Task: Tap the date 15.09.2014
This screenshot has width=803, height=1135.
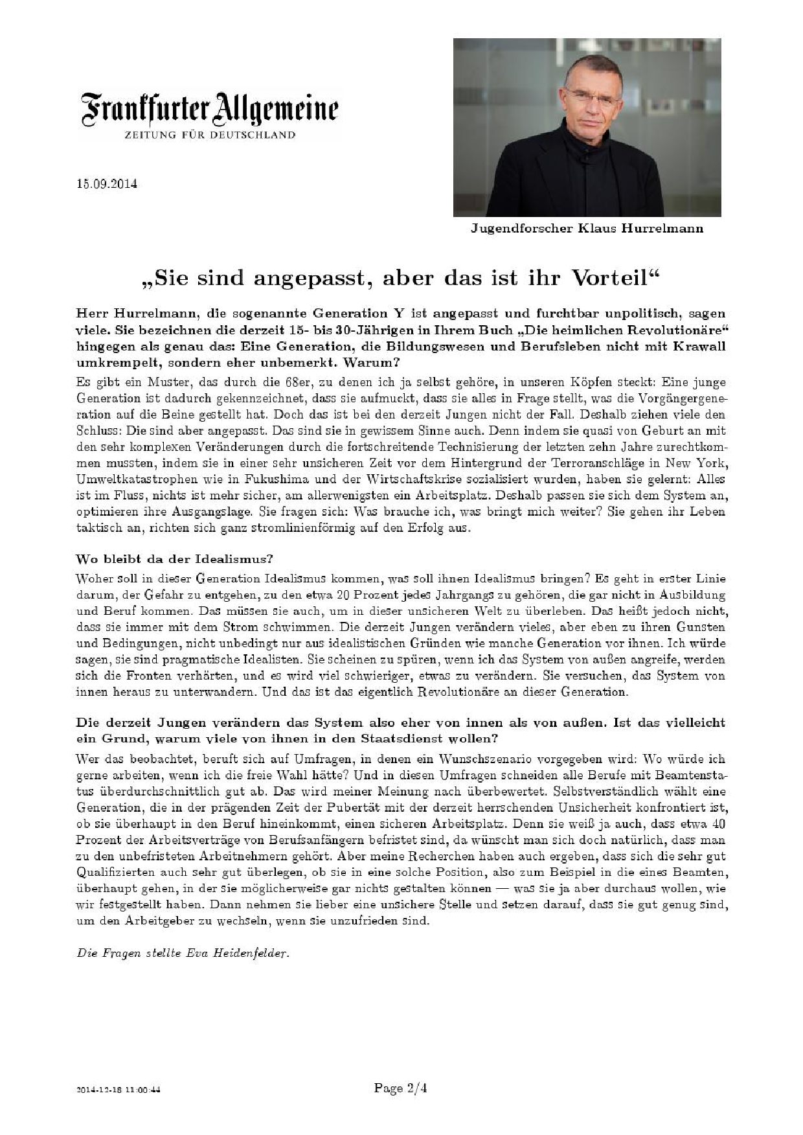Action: tap(106, 183)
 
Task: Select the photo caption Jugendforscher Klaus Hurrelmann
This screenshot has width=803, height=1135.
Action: tap(587, 229)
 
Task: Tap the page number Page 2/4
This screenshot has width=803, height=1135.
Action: tap(400, 1088)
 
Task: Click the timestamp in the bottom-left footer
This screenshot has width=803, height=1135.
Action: tap(118, 1090)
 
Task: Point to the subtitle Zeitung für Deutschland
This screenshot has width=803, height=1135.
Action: tap(210, 135)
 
